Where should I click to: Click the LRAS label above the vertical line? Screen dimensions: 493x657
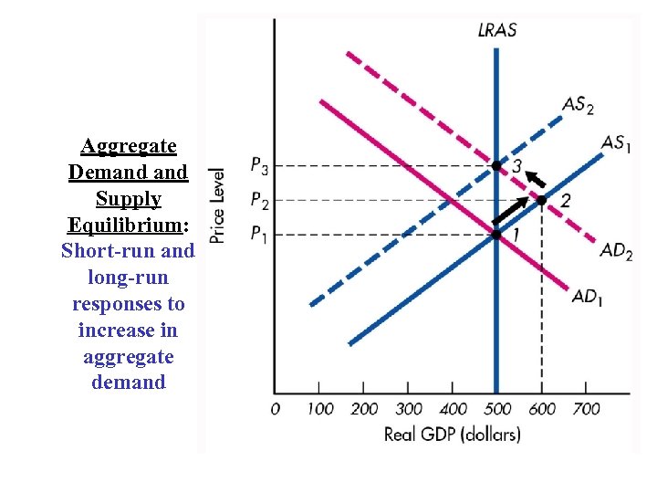click(x=496, y=30)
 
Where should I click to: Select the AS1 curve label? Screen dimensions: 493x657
click(x=616, y=143)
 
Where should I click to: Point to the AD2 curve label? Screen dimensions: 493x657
click(x=617, y=251)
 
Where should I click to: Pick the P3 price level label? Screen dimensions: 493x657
click(x=259, y=166)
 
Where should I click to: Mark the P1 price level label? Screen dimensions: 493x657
click(x=259, y=235)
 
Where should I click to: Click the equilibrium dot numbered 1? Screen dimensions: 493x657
click(x=496, y=235)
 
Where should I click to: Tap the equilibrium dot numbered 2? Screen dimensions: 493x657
click(x=541, y=200)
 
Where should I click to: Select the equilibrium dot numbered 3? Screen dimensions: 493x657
click(x=496, y=166)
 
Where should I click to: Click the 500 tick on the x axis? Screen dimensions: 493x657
click(x=496, y=409)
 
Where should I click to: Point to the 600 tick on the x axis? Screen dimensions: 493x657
click(x=542, y=409)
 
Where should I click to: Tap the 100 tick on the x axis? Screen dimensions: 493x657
click(x=319, y=409)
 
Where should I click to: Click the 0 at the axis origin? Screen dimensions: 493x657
click(x=275, y=409)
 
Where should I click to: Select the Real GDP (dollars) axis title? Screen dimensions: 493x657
click(x=452, y=435)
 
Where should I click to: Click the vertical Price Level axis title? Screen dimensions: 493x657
click(x=217, y=205)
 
